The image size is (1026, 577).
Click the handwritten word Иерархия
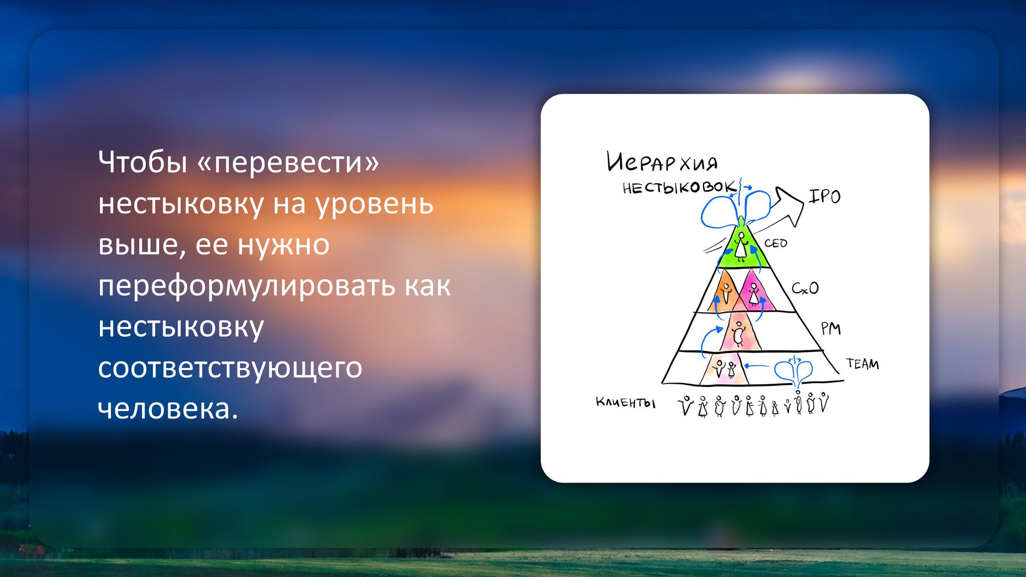(662, 162)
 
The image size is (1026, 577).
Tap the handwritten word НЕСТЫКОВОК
(680, 187)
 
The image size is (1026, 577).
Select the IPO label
(824, 196)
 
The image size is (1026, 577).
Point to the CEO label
(776, 243)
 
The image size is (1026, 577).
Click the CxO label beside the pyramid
(805, 288)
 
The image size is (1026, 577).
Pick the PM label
(831, 328)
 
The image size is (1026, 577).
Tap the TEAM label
(862, 364)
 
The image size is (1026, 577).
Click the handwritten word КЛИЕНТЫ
(625, 403)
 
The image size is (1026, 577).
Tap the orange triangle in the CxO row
(725, 292)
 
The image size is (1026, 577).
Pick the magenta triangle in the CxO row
(754, 291)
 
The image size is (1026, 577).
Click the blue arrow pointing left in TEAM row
(756, 366)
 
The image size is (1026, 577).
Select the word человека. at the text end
(168, 408)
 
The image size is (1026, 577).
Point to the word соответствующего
(230, 368)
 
